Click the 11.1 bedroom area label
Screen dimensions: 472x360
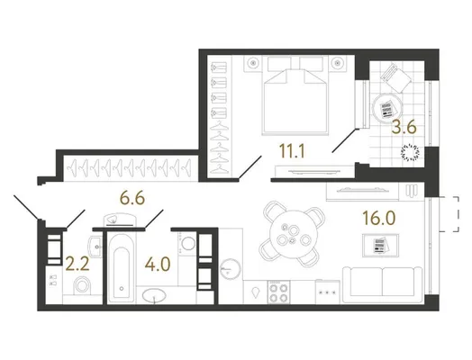tap(292, 151)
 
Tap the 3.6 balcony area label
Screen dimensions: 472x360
tap(404, 127)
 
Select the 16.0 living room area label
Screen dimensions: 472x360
tap(378, 218)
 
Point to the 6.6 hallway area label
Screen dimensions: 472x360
tap(132, 198)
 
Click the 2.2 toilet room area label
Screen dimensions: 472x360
tap(77, 264)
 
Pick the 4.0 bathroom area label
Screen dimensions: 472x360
tap(158, 264)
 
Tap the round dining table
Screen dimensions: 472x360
tap(294, 234)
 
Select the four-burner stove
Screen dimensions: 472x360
tap(278, 292)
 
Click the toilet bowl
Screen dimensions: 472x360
tap(82, 284)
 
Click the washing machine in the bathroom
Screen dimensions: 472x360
tap(187, 243)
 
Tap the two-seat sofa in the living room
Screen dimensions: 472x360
tap(382, 284)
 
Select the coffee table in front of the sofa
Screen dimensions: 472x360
tap(380, 246)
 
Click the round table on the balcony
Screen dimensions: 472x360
tap(387, 108)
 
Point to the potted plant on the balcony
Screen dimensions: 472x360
tap(410, 152)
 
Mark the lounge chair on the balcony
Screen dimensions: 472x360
tap(395, 77)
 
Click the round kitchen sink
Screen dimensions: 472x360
tap(231, 269)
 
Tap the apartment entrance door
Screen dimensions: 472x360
tap(26, 207)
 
